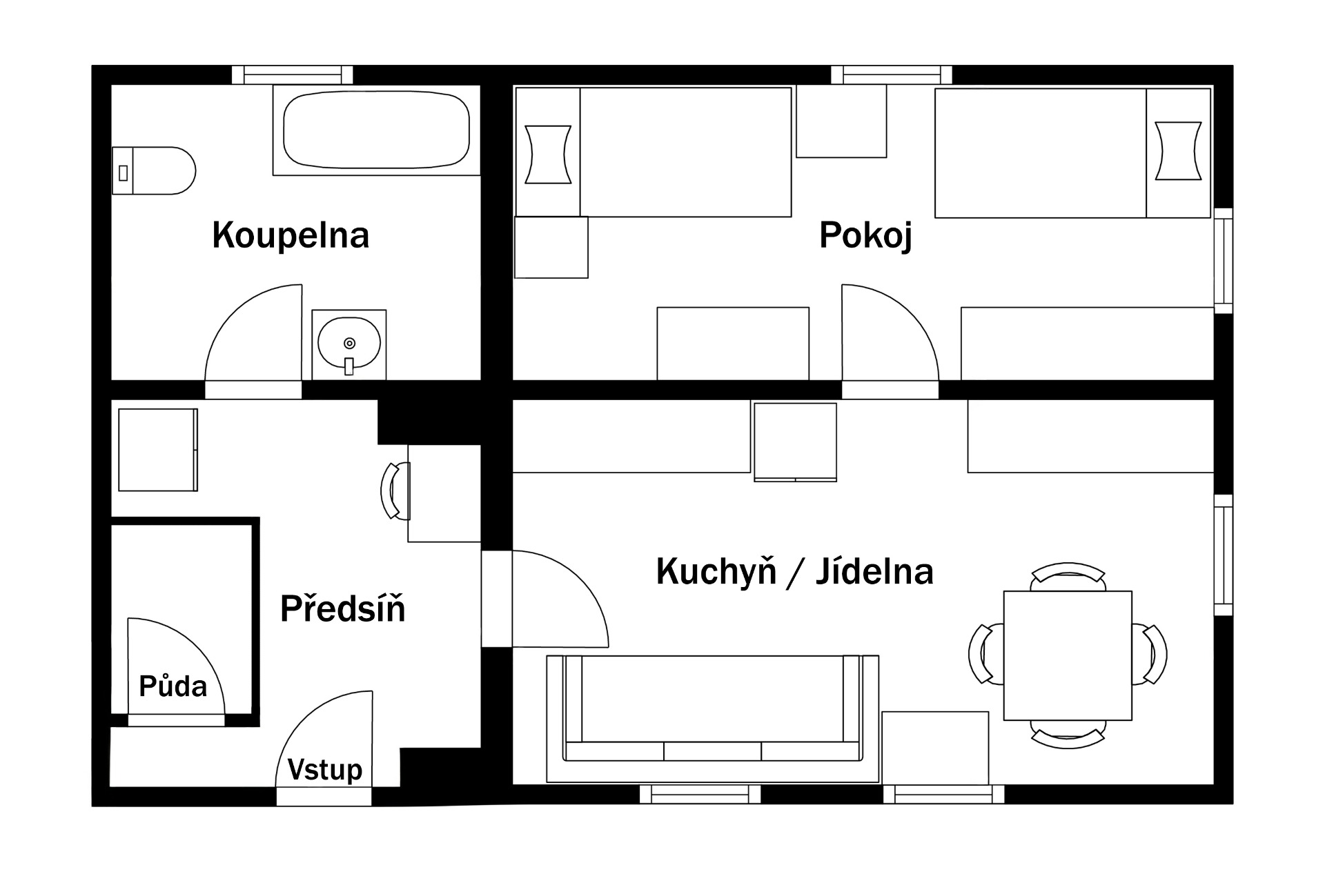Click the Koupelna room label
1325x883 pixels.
[291, 235]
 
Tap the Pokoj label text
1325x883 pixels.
[865, 236]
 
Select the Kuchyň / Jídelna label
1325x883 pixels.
[794, 572]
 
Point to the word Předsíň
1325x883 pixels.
[342, 608]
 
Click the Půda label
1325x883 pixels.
[173, 686]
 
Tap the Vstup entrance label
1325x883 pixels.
[325, 769]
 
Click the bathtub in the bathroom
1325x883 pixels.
[377, 130]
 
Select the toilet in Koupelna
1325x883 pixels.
[154, 170]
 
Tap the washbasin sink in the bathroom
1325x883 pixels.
[349, 344]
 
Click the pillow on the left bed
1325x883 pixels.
[548, 155]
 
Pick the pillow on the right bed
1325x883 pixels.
[1178, 151]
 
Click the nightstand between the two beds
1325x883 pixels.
[841, 121]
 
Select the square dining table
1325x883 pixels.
[1068, 655]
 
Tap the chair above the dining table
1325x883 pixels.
[1068, 576]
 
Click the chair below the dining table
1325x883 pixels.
[1068, 735]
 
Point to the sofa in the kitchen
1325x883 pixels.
[713, 719]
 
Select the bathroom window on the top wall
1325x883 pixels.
[293, 75]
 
